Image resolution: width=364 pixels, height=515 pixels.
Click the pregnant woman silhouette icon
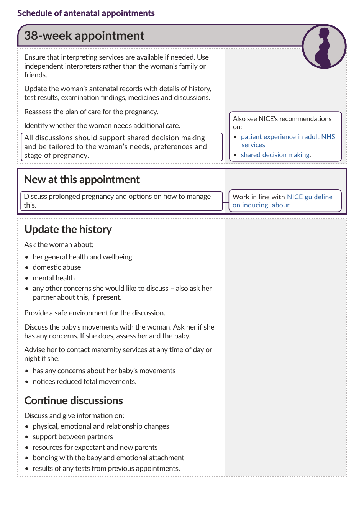324,47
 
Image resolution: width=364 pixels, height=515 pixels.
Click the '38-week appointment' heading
84,36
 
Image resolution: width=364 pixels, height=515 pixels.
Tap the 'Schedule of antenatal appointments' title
86,13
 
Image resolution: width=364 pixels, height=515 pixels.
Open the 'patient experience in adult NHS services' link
288,137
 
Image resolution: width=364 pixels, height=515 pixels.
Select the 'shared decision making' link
275,155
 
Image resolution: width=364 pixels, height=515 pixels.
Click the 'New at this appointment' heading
82,180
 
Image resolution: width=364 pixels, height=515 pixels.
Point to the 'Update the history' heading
68,230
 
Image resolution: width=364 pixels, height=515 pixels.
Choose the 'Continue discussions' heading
74,401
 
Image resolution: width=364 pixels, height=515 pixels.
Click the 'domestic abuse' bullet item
57,267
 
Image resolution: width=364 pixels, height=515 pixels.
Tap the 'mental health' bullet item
54,278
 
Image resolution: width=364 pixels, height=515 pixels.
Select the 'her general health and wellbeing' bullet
82,257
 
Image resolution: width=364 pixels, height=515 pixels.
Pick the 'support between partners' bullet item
73,437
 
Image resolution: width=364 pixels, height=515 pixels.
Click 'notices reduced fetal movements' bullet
84,382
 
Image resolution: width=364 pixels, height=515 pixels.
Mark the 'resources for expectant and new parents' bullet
95,448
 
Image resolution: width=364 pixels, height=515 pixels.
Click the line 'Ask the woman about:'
59,245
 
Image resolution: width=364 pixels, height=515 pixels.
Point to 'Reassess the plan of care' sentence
91,112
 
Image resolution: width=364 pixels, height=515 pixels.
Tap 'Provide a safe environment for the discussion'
95,313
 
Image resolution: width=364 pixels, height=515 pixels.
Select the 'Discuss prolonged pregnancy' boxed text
117,201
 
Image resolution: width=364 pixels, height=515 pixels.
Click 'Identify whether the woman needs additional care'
102,126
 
